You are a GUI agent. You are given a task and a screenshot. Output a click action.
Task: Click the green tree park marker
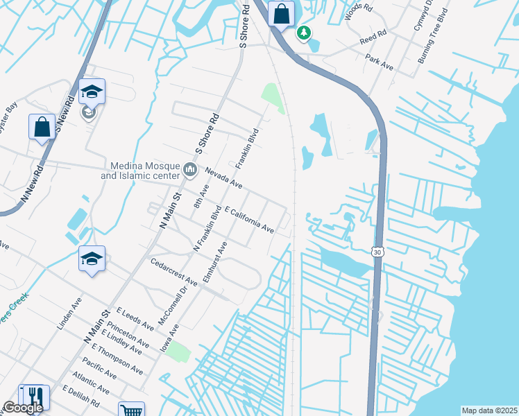303,33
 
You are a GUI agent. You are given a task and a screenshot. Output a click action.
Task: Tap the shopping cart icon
130,410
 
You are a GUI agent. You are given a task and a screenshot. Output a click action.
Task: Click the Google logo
23,408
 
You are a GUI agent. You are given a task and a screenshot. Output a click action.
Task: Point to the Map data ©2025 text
489,410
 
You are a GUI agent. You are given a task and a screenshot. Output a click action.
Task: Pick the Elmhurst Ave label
214,263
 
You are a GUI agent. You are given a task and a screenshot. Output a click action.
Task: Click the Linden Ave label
69,313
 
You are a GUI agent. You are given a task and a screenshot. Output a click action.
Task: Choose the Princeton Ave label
133,334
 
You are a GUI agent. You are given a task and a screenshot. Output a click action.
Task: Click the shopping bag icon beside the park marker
281,13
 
